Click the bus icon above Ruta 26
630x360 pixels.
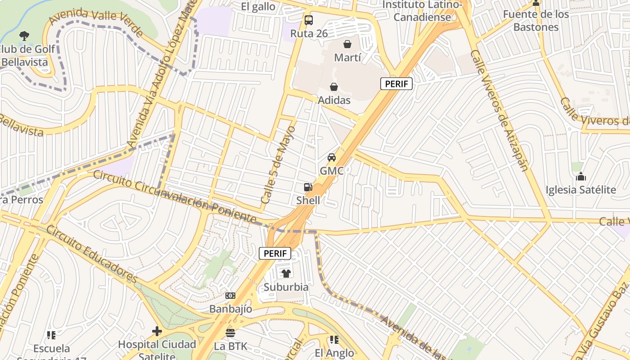[x=308, y=20]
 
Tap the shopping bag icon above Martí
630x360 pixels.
[x=347, y=44]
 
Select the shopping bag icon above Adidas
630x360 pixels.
[x=334, y=87]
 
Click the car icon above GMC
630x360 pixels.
[x=332, y=157]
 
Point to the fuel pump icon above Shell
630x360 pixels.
[x=308, y=187]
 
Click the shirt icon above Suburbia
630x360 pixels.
[x=286, y=273]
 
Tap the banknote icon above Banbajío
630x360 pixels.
[x=230, y=296]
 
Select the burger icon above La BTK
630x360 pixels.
[x=230, y=333]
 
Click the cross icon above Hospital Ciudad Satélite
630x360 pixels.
[x=157, y=331]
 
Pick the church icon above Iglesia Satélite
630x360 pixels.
[x=580, y=176]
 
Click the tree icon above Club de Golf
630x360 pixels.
[x=24, y=36]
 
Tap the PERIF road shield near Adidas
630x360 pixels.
[x=396, y=84]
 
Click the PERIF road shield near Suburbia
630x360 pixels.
[x=275, y=253]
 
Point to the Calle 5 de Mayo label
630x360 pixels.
[x=278, y=165]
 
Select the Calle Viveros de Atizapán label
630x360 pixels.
[x=499, y=111]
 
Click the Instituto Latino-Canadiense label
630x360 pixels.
[x=422, y=11]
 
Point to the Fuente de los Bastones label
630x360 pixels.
[x=535, y=21]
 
